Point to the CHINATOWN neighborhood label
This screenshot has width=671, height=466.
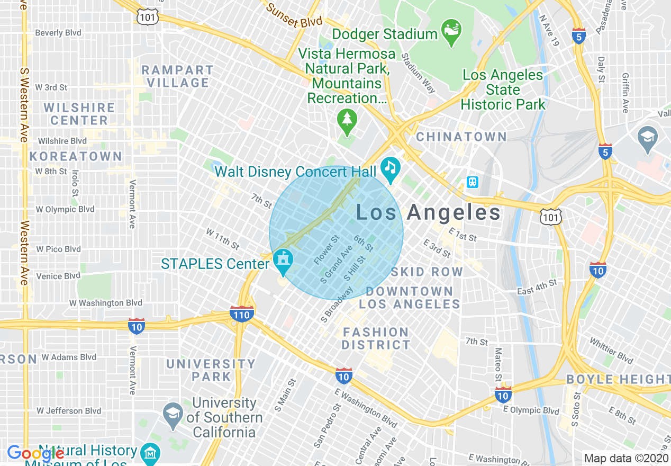(461, 137)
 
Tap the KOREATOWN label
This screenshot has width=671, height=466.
(76, 157)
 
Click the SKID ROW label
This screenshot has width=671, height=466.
(427, 272)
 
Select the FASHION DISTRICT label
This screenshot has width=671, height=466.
(376, 339)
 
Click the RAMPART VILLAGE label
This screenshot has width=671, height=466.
(178, 76)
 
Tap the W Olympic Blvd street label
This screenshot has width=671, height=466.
(65, 209)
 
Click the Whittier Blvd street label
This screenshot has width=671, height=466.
(611, 351)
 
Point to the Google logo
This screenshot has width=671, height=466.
(35, 454)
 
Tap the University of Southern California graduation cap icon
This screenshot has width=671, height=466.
(173, 416)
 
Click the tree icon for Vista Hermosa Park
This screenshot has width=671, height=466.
(347, 120)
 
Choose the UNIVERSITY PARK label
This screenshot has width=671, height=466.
(211, 370)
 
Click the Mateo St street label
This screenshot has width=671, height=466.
(498, 365)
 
